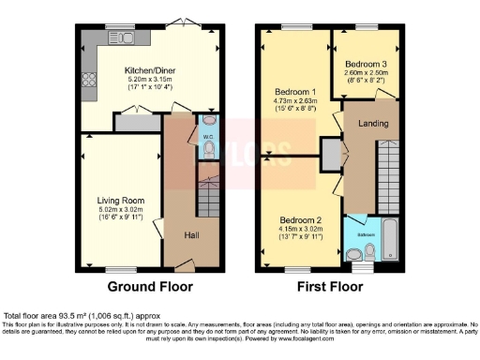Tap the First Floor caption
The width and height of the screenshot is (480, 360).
pos(330,286)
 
